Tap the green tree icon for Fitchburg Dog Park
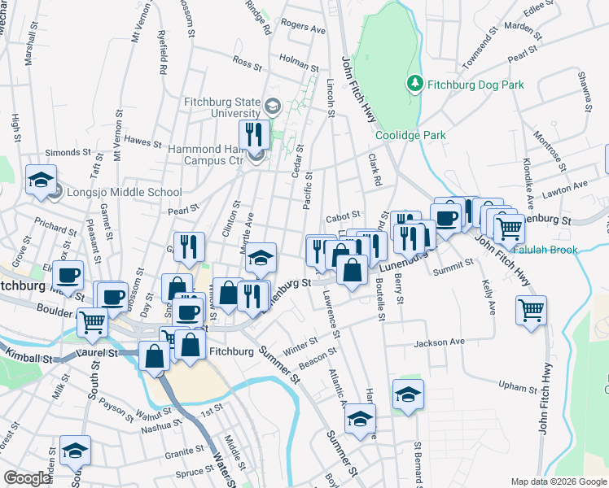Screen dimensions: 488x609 click(x=415, y=84)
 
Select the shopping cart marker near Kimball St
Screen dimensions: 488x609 click(x=92, y=321)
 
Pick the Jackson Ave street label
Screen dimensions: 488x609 click(x=438, y=342)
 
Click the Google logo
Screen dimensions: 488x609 click(x=27, y=478)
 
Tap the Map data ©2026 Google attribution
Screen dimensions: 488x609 click(x=558, y=481)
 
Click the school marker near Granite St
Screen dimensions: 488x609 click(x=75, y=450)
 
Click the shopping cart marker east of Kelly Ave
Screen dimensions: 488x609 click(x=531, y=310)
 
